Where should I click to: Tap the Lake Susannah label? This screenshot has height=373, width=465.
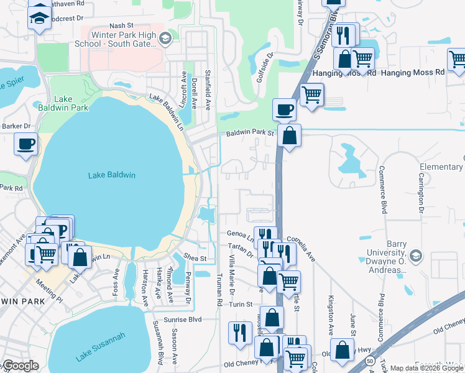click(101, 348)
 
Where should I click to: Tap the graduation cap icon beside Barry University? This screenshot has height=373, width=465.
click(416, 256)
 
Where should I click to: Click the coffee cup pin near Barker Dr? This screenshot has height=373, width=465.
click(26, 145)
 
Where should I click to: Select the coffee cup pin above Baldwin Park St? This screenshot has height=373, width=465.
click(285, 109)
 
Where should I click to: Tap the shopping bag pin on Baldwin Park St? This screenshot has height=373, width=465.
click(290, 136)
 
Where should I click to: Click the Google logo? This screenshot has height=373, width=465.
click(21, 366)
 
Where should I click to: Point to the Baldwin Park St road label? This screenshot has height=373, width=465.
click(250, 133)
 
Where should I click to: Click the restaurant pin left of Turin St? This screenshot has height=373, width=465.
click(237, 332)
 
